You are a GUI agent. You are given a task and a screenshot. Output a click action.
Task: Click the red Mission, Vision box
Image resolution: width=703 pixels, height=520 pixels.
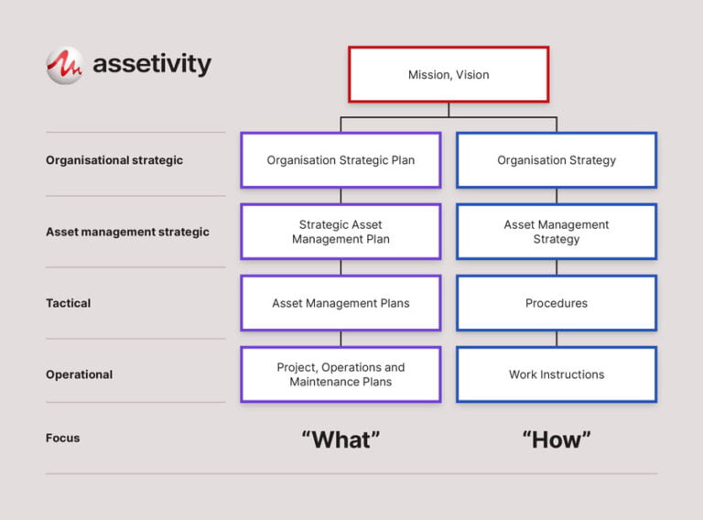pos(449,74)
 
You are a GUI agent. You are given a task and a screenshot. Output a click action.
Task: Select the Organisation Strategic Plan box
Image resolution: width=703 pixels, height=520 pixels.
pos(341,160)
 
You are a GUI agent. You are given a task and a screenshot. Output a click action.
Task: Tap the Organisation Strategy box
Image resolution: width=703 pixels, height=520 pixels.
pos(557,160)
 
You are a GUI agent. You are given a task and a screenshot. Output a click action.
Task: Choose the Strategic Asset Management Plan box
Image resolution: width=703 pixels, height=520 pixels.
pos(341,232)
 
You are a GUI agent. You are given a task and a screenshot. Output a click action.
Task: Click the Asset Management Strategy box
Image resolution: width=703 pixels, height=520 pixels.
pos(557,232)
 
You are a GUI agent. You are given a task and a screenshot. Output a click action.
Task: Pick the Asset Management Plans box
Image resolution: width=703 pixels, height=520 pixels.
pos(341,303)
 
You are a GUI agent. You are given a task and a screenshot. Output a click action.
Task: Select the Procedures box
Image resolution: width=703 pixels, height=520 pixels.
pos(557,303)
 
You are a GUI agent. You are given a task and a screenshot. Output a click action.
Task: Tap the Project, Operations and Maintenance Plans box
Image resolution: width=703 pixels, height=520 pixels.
pos(341,374)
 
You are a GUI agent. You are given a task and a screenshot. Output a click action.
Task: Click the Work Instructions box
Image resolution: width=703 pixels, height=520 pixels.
pos(557,374)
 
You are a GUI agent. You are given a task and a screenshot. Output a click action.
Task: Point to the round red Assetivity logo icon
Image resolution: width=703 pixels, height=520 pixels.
pos(65,65)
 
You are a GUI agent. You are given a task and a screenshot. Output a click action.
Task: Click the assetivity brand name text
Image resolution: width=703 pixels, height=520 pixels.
pos(152,65)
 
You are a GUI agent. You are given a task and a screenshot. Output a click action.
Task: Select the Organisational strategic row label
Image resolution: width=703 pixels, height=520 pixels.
pos(114,160)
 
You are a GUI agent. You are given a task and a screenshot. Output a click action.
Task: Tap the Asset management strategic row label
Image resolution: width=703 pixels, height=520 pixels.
pos(127,232)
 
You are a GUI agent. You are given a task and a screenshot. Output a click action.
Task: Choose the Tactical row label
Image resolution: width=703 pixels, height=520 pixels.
pos(69,303)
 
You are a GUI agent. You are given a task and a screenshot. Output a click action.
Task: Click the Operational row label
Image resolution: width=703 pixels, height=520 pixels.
pos(80,374)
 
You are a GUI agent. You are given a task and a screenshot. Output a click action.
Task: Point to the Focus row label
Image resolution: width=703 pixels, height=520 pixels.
pos(63,439)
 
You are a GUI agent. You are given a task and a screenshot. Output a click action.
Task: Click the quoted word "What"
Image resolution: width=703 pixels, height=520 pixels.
pos(341,439)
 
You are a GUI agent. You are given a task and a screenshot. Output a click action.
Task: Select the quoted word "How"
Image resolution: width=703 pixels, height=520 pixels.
pos(557,439)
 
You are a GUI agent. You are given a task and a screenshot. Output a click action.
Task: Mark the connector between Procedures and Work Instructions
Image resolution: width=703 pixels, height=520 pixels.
pos(557,339)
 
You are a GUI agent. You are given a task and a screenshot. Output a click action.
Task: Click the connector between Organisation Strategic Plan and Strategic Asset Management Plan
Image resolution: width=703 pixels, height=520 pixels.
pos(341,196)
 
